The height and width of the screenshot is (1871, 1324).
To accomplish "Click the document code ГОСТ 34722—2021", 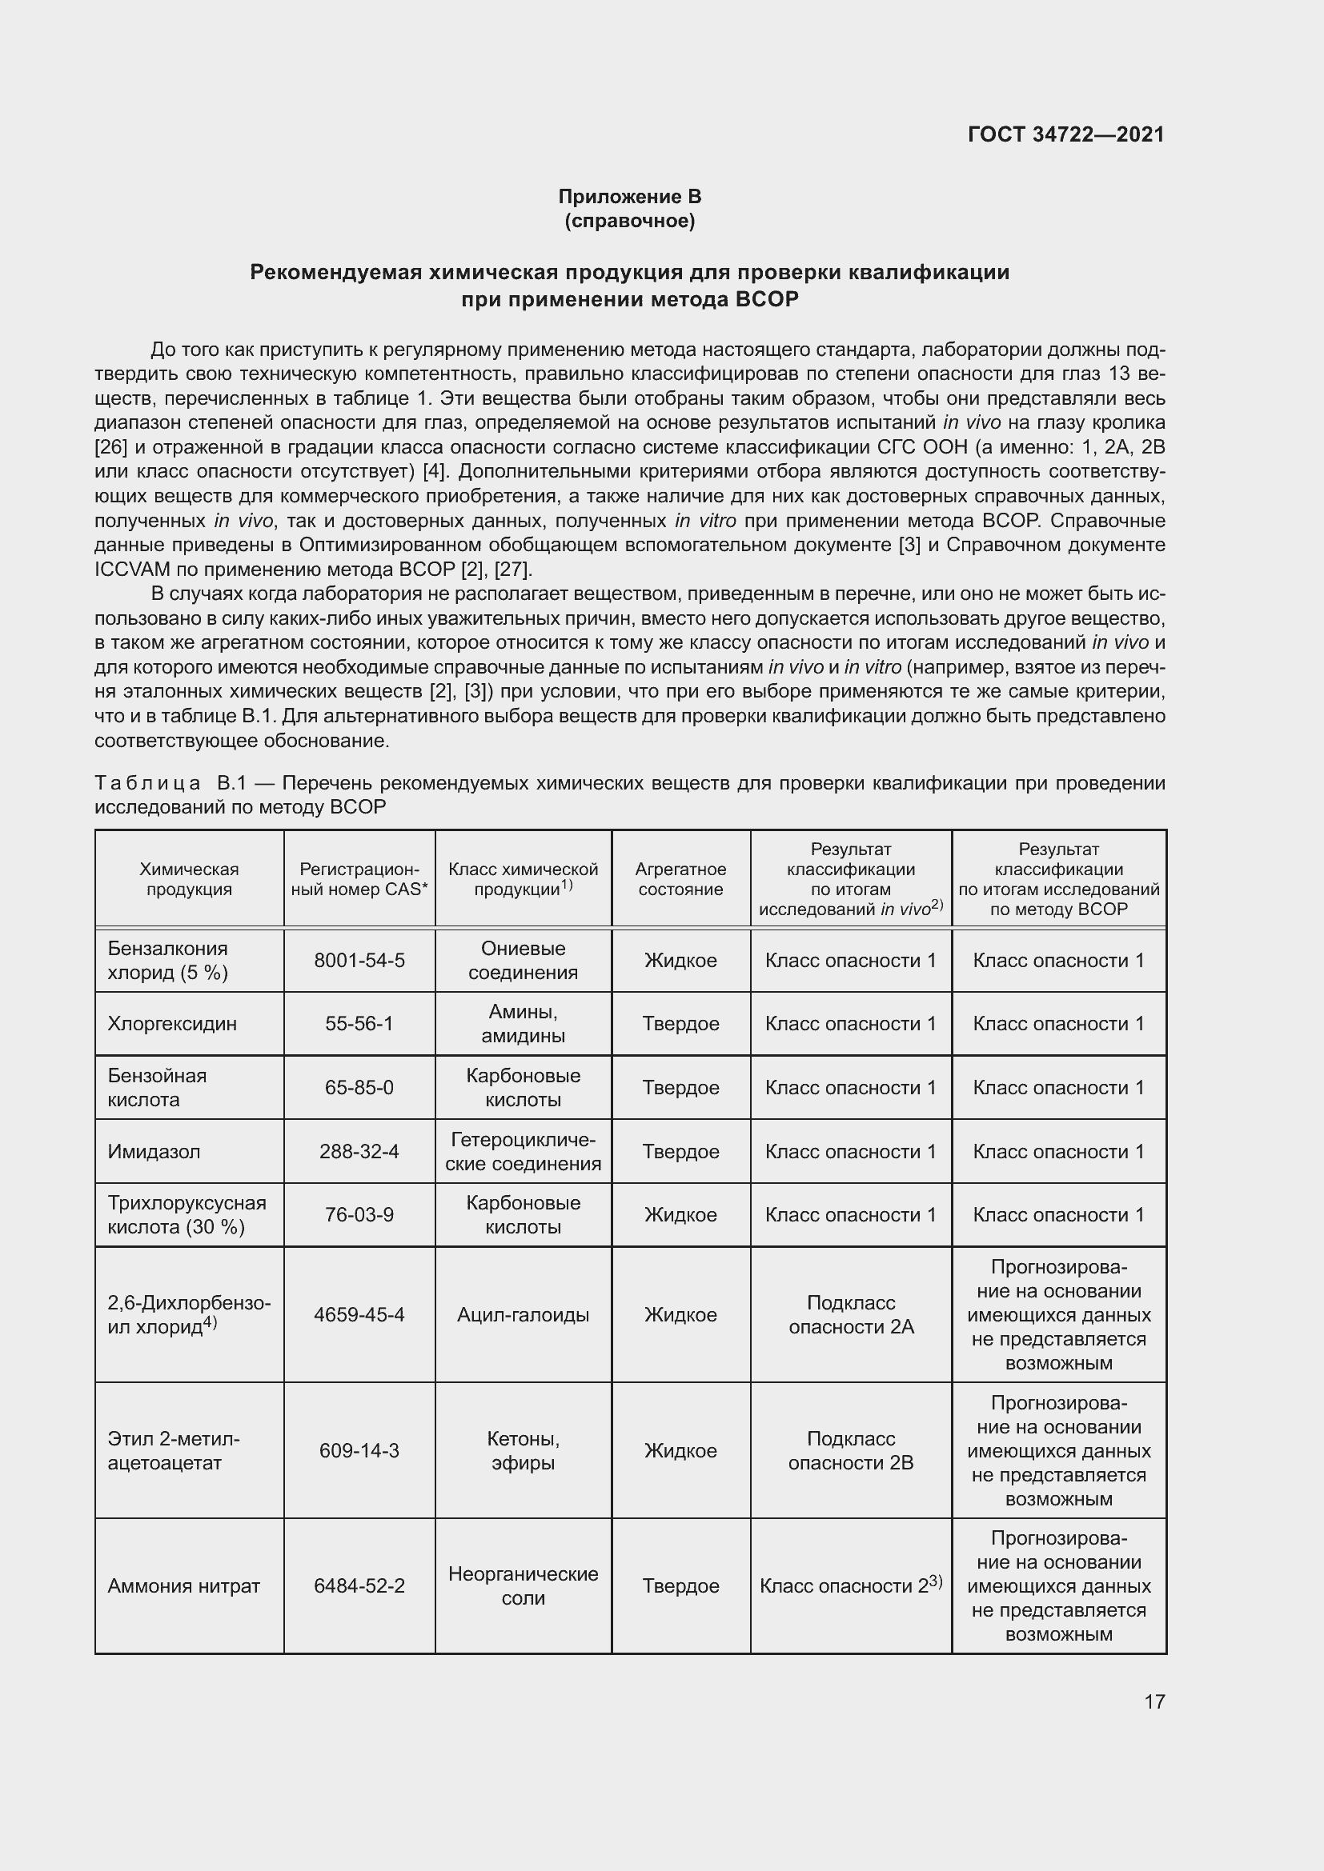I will coord(1065,134).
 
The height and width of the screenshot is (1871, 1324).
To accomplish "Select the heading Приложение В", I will coord(629,197).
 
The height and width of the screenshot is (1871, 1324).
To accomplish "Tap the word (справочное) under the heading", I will coord(629,221).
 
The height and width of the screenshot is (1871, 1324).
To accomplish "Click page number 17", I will coord(1154,1701).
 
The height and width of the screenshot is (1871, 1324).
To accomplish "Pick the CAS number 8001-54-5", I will coord(359,960).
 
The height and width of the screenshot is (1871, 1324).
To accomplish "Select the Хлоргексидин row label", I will coord(172,1024).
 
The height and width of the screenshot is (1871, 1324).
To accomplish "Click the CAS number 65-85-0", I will coord(359,1087).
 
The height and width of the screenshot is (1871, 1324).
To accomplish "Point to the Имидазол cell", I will coord(154,1150).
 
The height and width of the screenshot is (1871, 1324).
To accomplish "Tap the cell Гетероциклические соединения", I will coord(523,1150).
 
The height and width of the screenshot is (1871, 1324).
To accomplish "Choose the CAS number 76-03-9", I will coord(359,1214).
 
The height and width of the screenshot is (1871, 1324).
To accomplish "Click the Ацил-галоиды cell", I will coord(523,1314).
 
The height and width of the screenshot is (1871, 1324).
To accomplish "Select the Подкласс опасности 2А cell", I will coord(850,1314).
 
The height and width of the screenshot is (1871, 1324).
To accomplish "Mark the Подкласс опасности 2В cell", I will coord(850,1450).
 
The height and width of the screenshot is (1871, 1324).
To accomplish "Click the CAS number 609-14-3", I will coord(359,1450).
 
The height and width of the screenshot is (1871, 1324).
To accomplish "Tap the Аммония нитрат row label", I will coord(183,1585).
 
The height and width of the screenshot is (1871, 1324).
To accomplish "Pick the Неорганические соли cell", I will coord(523,1585).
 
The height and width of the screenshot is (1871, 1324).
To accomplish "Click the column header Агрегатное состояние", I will coord(680,878).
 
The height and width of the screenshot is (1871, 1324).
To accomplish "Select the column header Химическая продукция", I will coord(189,878).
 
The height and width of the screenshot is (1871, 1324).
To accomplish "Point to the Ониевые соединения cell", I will coord(523,960).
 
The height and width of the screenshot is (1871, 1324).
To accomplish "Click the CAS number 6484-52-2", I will coord(359,1585).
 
